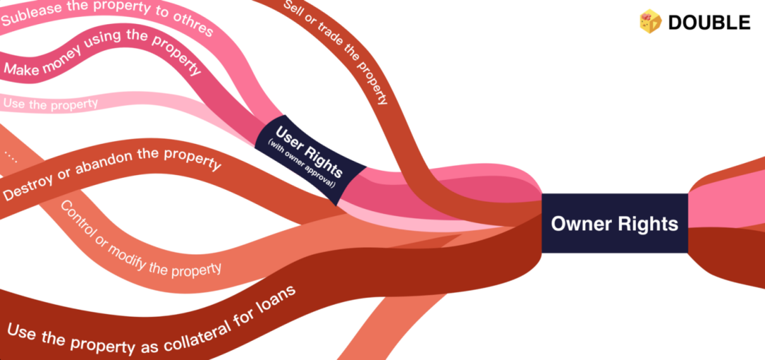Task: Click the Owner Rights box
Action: point(614,223)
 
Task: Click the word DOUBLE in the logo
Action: point(708,23)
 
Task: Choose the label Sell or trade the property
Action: point(336,52)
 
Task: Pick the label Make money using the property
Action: point(103,54)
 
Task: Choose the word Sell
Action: point(292,11)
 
